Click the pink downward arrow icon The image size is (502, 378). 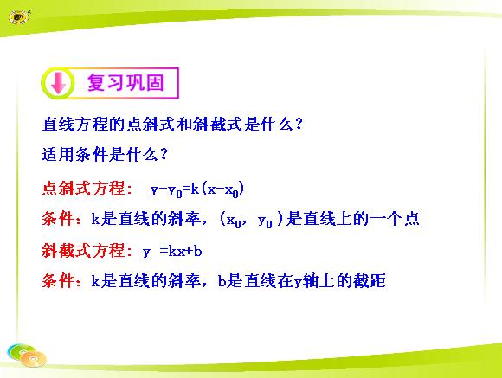(x=58, y=83)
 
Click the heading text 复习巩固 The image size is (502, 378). (x=125, y=82)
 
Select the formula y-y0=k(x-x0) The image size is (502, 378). (x=197, y=189)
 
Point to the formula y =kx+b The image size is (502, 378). (x=172, y=252)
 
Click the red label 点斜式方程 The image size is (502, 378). (x=83, y=189)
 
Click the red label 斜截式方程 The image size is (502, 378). (x=83, y=251)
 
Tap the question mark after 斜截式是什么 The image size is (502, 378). (x=299, y=124)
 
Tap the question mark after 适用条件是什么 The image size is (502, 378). (x=164, y=154)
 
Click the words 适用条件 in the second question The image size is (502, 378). (x=75, y=155)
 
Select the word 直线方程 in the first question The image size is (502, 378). (x=75, y=125)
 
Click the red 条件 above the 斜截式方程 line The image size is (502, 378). (x=58, y=219)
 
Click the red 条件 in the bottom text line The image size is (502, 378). (x=58, y=281)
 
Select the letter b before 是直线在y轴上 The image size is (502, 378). (x=222, y=281)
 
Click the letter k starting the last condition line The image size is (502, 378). (x=95, y=281)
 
